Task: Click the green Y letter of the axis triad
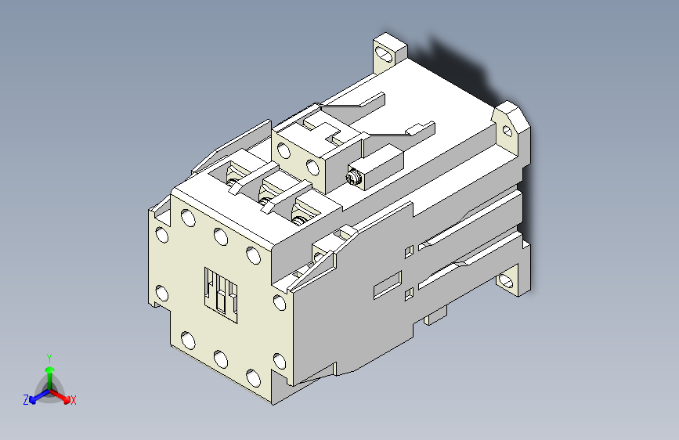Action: click(x=49, y=357)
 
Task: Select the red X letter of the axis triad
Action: click(x=74, y=401)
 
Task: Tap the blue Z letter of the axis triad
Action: click(x=26, y=399)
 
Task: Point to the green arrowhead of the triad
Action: click(x=49, y=369)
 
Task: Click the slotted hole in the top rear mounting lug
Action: click(x=385, y=55)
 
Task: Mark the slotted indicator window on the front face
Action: click(x=221, y=292)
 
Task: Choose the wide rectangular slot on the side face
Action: click(x=387, y=285)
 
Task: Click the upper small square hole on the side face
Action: click(x=408, y=251)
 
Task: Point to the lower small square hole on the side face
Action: click(x=408, y=294)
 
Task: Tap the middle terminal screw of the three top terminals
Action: click(x=266, y=205)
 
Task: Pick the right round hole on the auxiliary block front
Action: click(x=312, y=166)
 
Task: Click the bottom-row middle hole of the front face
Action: click(x=219, y=359)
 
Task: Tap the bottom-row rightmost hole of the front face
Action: click(x=252, y=378)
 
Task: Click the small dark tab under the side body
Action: click(x=435, y=316)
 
